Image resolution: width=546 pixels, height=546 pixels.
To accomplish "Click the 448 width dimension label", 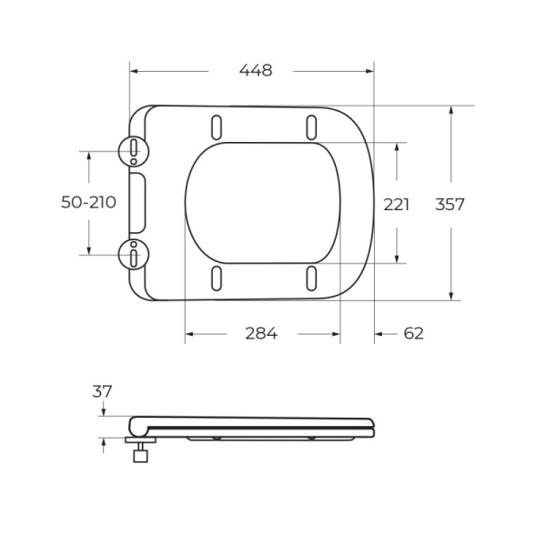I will click(254, 71).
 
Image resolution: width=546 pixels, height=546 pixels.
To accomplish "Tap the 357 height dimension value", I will click(450, 205).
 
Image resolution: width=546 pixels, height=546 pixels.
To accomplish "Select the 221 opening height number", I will click(397, 205).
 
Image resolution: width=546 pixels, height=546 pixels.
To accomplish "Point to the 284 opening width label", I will click(260, 333).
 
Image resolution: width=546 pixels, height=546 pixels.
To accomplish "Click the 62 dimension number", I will click(413, 333).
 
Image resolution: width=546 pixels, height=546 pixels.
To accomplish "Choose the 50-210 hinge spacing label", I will click(88, 203).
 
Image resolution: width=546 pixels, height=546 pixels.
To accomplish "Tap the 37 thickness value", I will click(102, 391).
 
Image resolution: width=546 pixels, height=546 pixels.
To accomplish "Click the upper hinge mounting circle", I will click(134, 150).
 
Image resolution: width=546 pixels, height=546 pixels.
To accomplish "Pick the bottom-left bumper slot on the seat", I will click(217, 278).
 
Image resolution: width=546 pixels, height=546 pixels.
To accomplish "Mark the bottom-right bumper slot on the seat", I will click(311, 278).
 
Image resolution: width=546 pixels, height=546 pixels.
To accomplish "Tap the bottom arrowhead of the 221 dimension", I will click(398, 259).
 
